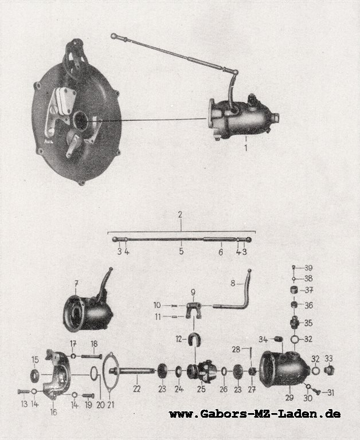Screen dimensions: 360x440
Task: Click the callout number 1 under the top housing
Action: [246, 148]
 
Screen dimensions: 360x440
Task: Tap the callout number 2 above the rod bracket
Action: [180, 215]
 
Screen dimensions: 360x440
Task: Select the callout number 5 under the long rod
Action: [181, 251]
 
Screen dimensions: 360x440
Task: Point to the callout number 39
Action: [308, 268]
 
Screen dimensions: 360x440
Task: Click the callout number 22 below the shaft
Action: [137, 389]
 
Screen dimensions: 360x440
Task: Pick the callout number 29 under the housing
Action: [289, 398]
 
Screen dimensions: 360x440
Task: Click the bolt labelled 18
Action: [92, 357]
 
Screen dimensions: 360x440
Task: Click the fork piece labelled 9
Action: [194, 311]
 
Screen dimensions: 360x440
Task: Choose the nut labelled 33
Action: [328, 371]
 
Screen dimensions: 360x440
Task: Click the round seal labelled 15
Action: [36, 374]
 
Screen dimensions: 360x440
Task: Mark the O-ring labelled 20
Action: [95, 374]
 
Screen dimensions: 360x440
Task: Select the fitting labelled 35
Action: [295, 323]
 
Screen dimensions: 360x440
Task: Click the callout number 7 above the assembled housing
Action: [76, 284]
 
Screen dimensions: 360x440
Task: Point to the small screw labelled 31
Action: [316, 392]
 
